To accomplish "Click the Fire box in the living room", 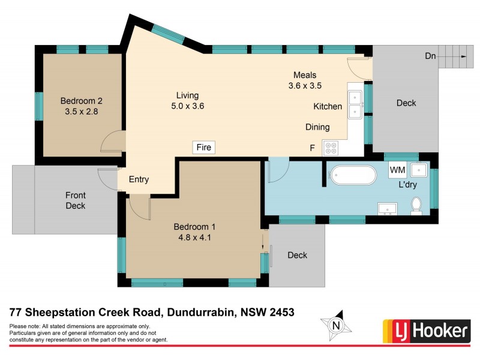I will point(204,147).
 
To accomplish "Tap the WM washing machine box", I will point(398,170).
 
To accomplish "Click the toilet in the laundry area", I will point(416,206).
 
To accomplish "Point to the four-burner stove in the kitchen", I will point(331,147).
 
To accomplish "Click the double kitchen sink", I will point(355,104).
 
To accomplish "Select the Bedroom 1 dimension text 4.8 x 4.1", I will point(194,237).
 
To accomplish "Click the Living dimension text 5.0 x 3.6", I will point(187,106).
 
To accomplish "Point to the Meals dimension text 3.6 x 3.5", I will point(305,86).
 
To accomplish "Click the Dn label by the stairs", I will point(430,56).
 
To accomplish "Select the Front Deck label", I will point(76,200).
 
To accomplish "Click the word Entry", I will point(139,179).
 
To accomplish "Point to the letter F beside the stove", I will point(312,147).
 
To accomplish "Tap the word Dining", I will point(317,127).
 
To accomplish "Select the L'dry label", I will point(408,185).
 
